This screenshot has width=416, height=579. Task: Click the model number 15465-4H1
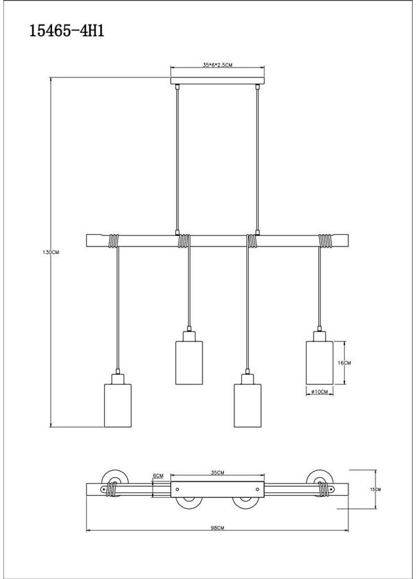point(67,31)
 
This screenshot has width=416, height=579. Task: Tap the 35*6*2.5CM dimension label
point(218,65)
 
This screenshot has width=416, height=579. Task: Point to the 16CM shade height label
point(344,363)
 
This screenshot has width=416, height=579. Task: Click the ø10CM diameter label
point(319,392)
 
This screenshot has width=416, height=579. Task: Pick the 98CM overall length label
point(218,528)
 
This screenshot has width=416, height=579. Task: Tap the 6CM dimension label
point(158,476)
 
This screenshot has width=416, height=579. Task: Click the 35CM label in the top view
point(218,472)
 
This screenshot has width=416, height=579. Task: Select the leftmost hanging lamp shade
point(118,405)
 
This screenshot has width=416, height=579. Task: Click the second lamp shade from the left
point(189,362)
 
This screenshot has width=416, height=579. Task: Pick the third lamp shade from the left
point(248,405)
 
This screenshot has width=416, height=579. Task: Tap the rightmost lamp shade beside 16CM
point(319,362)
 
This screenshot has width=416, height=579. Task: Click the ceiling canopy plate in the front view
point(218,80)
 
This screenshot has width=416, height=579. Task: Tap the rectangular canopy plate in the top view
point(218,489)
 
